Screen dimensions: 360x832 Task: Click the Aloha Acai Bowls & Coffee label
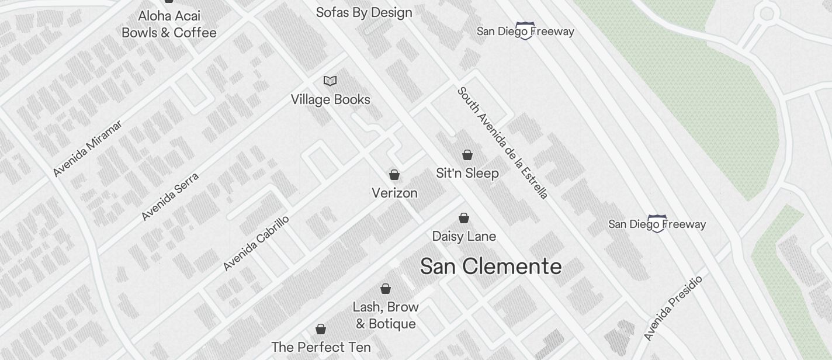tap(169, 24)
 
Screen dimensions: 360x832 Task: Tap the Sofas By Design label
tap(364, 12)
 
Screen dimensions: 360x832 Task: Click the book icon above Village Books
tap(330, 81)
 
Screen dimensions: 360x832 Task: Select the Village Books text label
tap(331, 99)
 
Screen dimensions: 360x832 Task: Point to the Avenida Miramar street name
tap(88, 148)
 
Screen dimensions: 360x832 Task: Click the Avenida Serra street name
tap(170, 196)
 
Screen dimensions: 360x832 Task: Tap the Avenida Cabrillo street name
tap(256, 243)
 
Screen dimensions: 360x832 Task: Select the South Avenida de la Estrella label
tap(502, 143)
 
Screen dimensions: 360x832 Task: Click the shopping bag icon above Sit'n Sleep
tap(467, 155)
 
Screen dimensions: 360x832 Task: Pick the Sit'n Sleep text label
tap(467, 173)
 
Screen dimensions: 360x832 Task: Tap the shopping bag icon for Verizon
tap(394, 175)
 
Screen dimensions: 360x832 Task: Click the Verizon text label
tap(395, 193)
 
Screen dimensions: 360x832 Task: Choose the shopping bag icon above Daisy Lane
tap(464, 218)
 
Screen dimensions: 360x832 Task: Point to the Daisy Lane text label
tap(464, 236)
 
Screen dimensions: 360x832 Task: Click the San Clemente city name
tap(491, 266)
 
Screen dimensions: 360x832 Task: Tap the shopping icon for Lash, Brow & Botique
tap(386, 289)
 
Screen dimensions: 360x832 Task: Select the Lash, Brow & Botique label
tap(386, 315)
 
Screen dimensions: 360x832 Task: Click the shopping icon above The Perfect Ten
tap(321, 329)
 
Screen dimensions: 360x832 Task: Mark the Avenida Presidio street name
tap(672, 308)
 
